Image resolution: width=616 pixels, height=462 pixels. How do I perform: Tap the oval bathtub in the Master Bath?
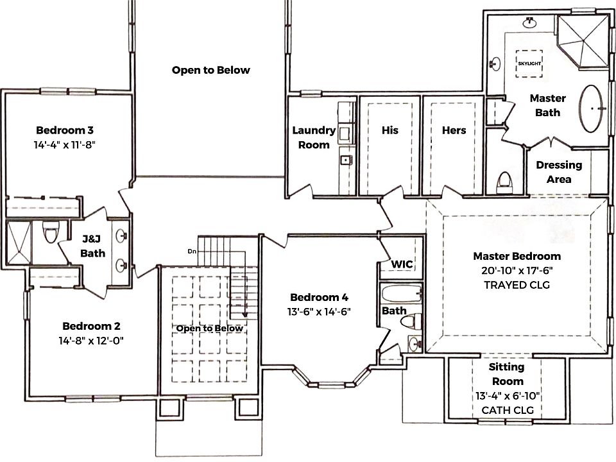[593, 110]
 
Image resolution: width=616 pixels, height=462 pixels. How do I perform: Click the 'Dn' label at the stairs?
[191, 250]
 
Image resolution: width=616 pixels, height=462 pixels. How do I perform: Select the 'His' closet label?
[389, 130]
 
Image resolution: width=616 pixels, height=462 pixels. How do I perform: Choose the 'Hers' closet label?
[454, 130]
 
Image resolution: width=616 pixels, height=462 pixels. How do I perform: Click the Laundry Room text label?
[314, 137]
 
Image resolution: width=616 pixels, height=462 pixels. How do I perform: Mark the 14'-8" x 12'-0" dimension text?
[90, 341]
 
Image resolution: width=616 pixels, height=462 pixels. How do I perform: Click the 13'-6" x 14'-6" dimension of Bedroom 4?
[319, 312]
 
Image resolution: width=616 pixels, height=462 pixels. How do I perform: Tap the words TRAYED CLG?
[517, 285]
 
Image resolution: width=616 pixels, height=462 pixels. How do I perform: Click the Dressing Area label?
[559, 172]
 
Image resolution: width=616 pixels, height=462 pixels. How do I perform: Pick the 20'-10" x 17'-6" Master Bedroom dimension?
[517, 271]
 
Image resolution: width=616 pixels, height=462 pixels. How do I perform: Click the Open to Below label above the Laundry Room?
[210, 70]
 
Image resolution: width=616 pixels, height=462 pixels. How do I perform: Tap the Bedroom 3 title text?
[65, 130]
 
